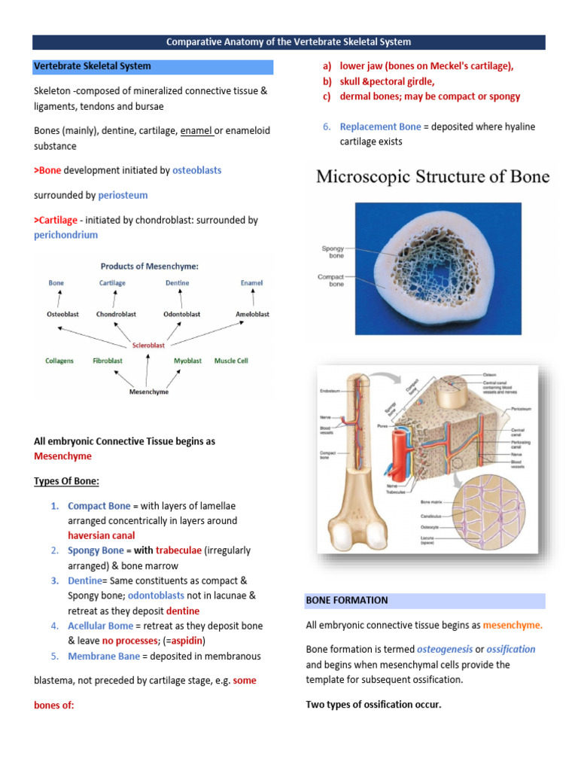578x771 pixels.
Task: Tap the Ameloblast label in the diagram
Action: [x=252, y=314]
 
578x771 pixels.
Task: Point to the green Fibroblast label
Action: [x=108, y=361]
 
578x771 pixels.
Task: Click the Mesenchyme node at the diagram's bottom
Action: [x=149, y=392]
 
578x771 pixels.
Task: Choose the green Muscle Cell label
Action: [x=231, y=361]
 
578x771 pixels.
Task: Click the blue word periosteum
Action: [x=123, y=195]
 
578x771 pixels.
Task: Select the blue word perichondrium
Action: [x=66, y=235]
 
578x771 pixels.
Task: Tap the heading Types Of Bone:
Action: [x=67, y=480]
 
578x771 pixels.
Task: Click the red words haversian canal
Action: [x=102, y=535]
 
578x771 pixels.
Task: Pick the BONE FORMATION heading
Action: [x=347, y=600]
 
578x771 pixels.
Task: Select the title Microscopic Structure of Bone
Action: [x=433, y=177]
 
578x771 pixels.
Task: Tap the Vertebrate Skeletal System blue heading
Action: [x=93, y=66]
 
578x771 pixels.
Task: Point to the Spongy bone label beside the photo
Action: [x=333, y=251]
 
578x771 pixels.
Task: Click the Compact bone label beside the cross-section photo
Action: [x=331, y=281]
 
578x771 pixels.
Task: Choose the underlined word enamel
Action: [x=196, y=130]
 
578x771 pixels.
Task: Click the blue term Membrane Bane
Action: [x=103, y=656]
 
